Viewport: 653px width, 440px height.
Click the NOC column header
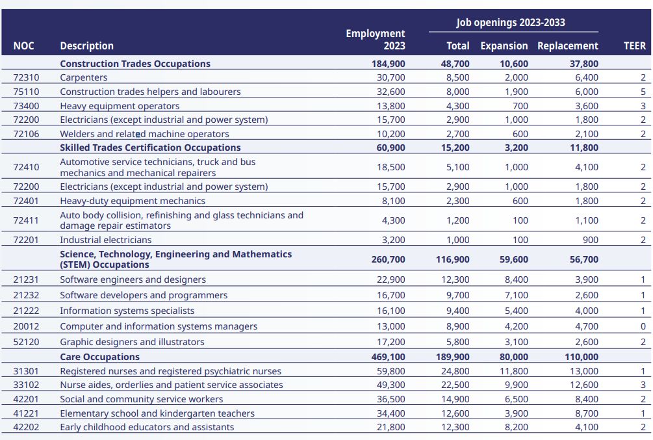24,46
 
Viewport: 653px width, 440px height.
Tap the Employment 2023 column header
375,40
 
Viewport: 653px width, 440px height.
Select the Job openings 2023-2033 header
511,23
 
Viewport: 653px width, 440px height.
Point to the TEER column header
634,46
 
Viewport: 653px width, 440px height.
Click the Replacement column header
568,46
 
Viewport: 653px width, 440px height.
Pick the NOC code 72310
26,77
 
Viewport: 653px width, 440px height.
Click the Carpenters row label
83,77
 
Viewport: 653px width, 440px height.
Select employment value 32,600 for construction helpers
391,92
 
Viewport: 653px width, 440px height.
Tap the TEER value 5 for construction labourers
643,92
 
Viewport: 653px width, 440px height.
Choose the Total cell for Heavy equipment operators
457,106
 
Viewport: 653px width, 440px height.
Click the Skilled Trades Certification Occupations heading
150,148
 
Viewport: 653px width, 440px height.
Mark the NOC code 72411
26,220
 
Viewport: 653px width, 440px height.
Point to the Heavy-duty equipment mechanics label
133,201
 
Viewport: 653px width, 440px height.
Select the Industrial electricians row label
106,240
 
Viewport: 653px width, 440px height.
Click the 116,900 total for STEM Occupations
453,259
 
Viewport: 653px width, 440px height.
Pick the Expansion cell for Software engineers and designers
517,279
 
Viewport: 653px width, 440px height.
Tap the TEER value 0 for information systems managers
643,326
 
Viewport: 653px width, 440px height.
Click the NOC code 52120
26,342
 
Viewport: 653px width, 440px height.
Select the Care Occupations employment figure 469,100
388,357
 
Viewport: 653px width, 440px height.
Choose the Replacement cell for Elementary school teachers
587,413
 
